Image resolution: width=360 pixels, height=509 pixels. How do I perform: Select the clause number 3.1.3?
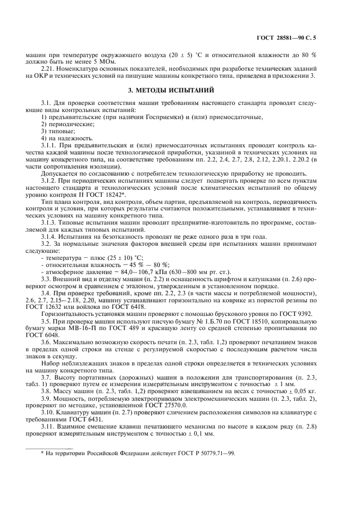click(x=50, y=222)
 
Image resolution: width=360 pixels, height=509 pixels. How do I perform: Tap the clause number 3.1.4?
click(x=50, y=237)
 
